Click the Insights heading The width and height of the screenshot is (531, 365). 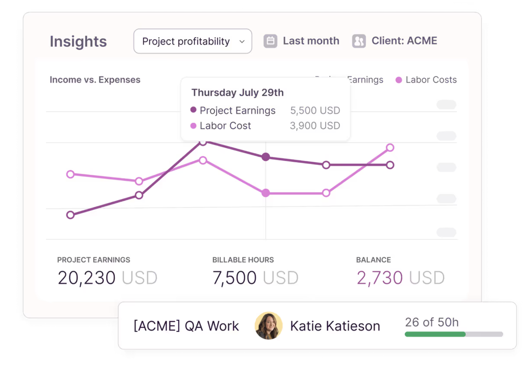[78, 41]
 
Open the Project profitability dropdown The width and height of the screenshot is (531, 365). [192, 41]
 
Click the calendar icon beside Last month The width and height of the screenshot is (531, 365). [270, 41]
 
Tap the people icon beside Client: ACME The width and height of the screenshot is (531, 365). [359, 41]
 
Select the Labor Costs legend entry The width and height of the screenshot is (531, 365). [426, 80]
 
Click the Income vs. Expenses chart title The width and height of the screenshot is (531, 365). [95, 80]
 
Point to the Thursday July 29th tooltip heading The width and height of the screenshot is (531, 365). [237, 93]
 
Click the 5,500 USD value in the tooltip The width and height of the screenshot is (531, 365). [315, 111]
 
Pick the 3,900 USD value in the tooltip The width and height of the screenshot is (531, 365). [315, 126]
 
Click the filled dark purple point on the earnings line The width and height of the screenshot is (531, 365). [266, 157]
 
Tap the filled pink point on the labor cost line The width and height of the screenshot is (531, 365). [266, 193]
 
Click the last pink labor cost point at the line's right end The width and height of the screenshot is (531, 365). [390, 148]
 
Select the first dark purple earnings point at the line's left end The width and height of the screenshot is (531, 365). [70, 215]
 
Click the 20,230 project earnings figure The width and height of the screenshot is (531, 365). [86, 278]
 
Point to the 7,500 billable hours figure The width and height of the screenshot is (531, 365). [234, 278]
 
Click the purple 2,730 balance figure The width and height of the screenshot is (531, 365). [380, 278]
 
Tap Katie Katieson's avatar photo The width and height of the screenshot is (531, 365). [268, 326]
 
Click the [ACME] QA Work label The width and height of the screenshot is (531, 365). [186, 326]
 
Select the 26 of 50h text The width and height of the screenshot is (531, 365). [432, 322]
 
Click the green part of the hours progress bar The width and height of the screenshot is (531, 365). [435, 334]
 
